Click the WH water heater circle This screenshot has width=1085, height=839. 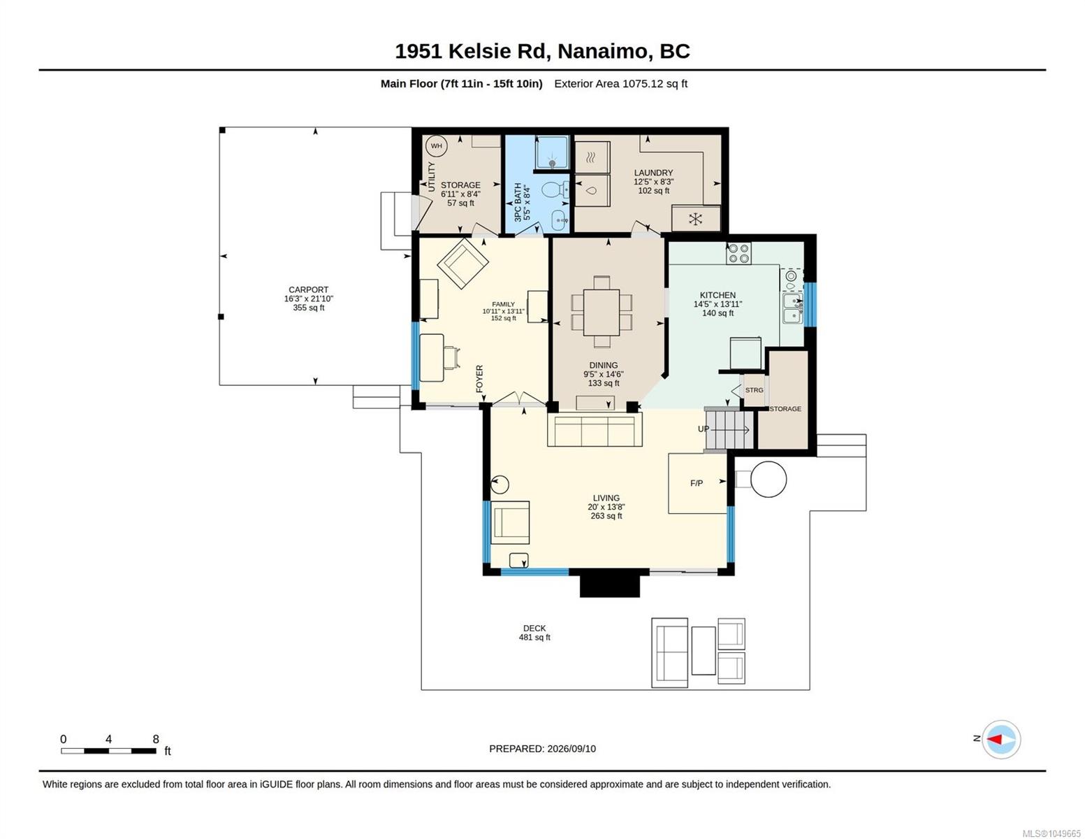(x=436, y=146)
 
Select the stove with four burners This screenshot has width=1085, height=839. (x=738, y=253)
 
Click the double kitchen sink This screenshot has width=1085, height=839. (x=792, y=308)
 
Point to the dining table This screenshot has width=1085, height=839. (x=601, y=313)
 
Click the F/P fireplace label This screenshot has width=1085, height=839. (x=696, y=483)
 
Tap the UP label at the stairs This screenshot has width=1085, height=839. (x=703, y=429)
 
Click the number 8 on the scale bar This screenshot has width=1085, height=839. (x=156, y=739)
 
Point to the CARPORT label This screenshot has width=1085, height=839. (x=309, y=290)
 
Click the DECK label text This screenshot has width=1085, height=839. (x=534, y=628)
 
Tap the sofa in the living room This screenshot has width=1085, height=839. (x=595, y=429)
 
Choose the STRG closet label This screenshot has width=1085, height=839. (x=754, y=390)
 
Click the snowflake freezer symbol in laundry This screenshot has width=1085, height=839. (x=696, y=219)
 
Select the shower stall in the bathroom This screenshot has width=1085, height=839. (x=552, y=152)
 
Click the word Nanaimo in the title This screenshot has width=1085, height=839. (x=602, y=51)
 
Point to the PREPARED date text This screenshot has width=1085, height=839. (x=542, y=749)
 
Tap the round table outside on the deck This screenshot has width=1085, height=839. (x=769, y=479)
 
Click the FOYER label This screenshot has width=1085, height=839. (x=480, y=378)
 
